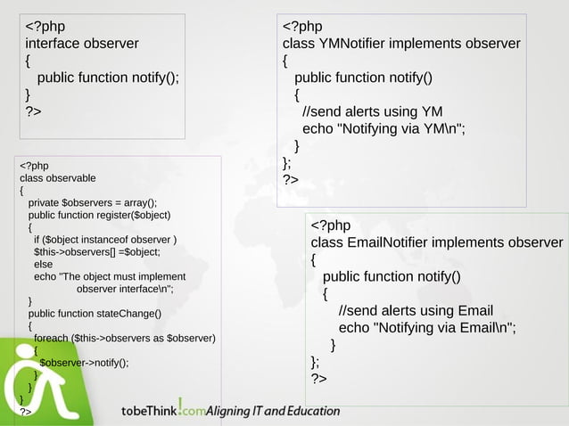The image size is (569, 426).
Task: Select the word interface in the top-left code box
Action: pyautogui.click(x=57, y=43)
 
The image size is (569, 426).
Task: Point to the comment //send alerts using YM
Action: pyautogui.click(x=373, y=111)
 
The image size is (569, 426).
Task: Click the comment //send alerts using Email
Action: pyautogui.click(x=416, y=310)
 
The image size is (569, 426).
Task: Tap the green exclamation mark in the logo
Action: pyautogui.click(x=180, y=406)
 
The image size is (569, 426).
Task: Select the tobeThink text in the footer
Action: pyautogui.click(x=149, y=411)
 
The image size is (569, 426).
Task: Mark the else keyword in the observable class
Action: pyautogui.click(x=43, y=264)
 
